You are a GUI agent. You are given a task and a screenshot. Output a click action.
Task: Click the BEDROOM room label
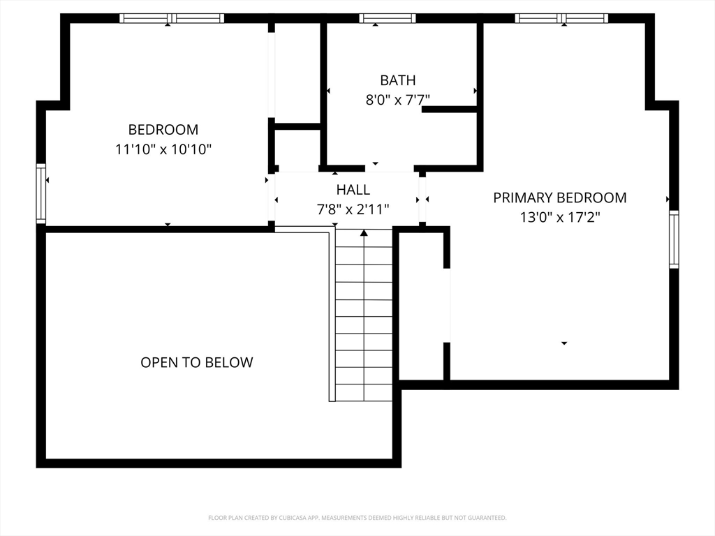(x=163, y=129)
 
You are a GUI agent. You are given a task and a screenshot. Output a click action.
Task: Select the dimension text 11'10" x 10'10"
(x=163, y=149)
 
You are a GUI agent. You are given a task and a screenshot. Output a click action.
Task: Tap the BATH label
(x=397, y=80)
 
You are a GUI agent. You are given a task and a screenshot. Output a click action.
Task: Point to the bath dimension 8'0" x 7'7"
(x=397, y=100)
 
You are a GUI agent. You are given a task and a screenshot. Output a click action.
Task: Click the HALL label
(x=353, y=189)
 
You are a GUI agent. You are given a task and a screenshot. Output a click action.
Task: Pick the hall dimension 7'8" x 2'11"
(x=353, y=209)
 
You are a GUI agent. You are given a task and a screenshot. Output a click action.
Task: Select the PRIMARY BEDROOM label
(x=559, y=198)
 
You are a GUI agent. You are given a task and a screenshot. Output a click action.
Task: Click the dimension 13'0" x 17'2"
(x=559, y=217)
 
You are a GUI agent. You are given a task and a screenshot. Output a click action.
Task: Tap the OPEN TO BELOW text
(x=196, y=362)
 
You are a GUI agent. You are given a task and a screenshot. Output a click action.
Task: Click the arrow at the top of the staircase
(x=364, y=233)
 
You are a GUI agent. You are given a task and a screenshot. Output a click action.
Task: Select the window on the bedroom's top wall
(x=171, y=18)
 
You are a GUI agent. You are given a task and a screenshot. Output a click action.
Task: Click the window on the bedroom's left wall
(x=40, y=193)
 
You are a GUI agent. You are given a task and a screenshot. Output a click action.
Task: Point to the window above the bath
(x=387, y=18)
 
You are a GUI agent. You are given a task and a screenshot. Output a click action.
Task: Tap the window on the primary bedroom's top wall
(x=561, y=18)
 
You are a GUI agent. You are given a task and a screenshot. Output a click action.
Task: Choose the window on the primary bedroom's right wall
(x=674, y=239)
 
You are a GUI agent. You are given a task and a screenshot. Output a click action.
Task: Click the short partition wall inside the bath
(x=450, y=109)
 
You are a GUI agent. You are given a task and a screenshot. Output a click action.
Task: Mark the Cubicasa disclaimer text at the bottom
(x=357, y=518)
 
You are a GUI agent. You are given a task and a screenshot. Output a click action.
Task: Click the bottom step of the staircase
(x=364, y=393)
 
